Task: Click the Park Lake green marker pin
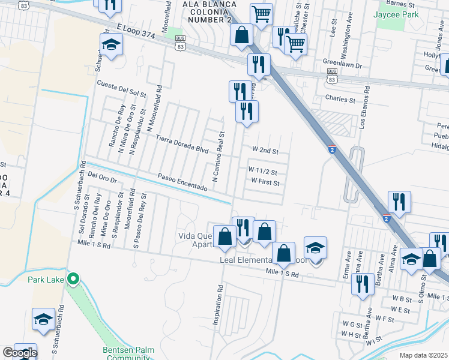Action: pyautogui.click(x=73, y=278)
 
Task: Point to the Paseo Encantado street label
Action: pyautogui.click(x=182, y=182)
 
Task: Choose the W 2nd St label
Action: pyautogui.click(x=265, y=149)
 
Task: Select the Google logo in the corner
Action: pyautogui.click(x=20, y=353)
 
